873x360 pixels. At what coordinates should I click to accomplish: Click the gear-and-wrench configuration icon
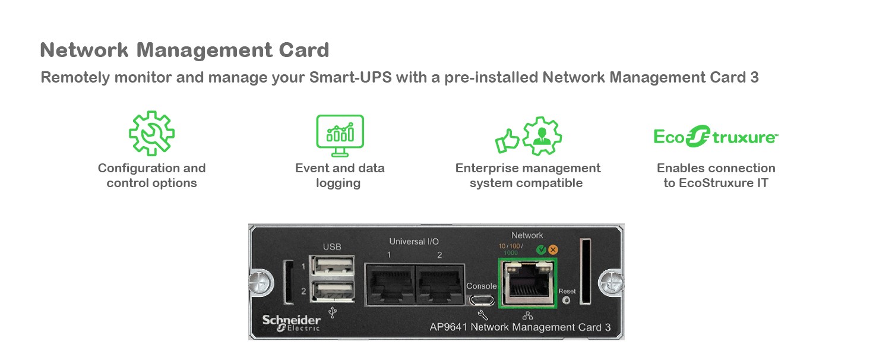[x=151, y=134]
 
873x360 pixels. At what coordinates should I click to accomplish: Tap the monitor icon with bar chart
[x=340, y=135]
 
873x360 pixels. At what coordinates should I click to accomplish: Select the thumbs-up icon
[x=507, y=141]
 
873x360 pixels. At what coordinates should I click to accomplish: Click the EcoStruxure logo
[x=716, y=137]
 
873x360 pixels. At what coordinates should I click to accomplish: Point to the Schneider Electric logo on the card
[x=291, y=323]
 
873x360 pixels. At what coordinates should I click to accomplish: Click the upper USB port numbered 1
[x=332, y=266]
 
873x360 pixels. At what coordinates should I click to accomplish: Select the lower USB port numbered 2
[x=332, y=290]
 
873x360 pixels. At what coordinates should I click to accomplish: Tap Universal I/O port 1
[x=390, y=284]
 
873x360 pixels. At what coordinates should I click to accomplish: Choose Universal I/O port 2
[x=439, y=284]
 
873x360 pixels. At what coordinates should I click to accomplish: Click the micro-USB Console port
[x=482, y=301]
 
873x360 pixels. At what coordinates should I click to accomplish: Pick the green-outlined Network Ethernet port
[x=528, y=283]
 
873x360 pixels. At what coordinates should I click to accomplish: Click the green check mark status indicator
[x=541, y=250]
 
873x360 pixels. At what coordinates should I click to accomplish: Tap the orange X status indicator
[x=553, y=250]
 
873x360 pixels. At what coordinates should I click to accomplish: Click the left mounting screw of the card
[x=261, y=282]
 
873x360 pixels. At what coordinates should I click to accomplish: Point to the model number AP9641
[x=448, y=327]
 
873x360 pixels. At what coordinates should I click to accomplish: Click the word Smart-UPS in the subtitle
[x=350, y=77]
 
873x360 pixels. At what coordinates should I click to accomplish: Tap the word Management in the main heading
[x=205, y=50]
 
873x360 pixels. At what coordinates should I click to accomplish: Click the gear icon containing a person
[x=542, y=135]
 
